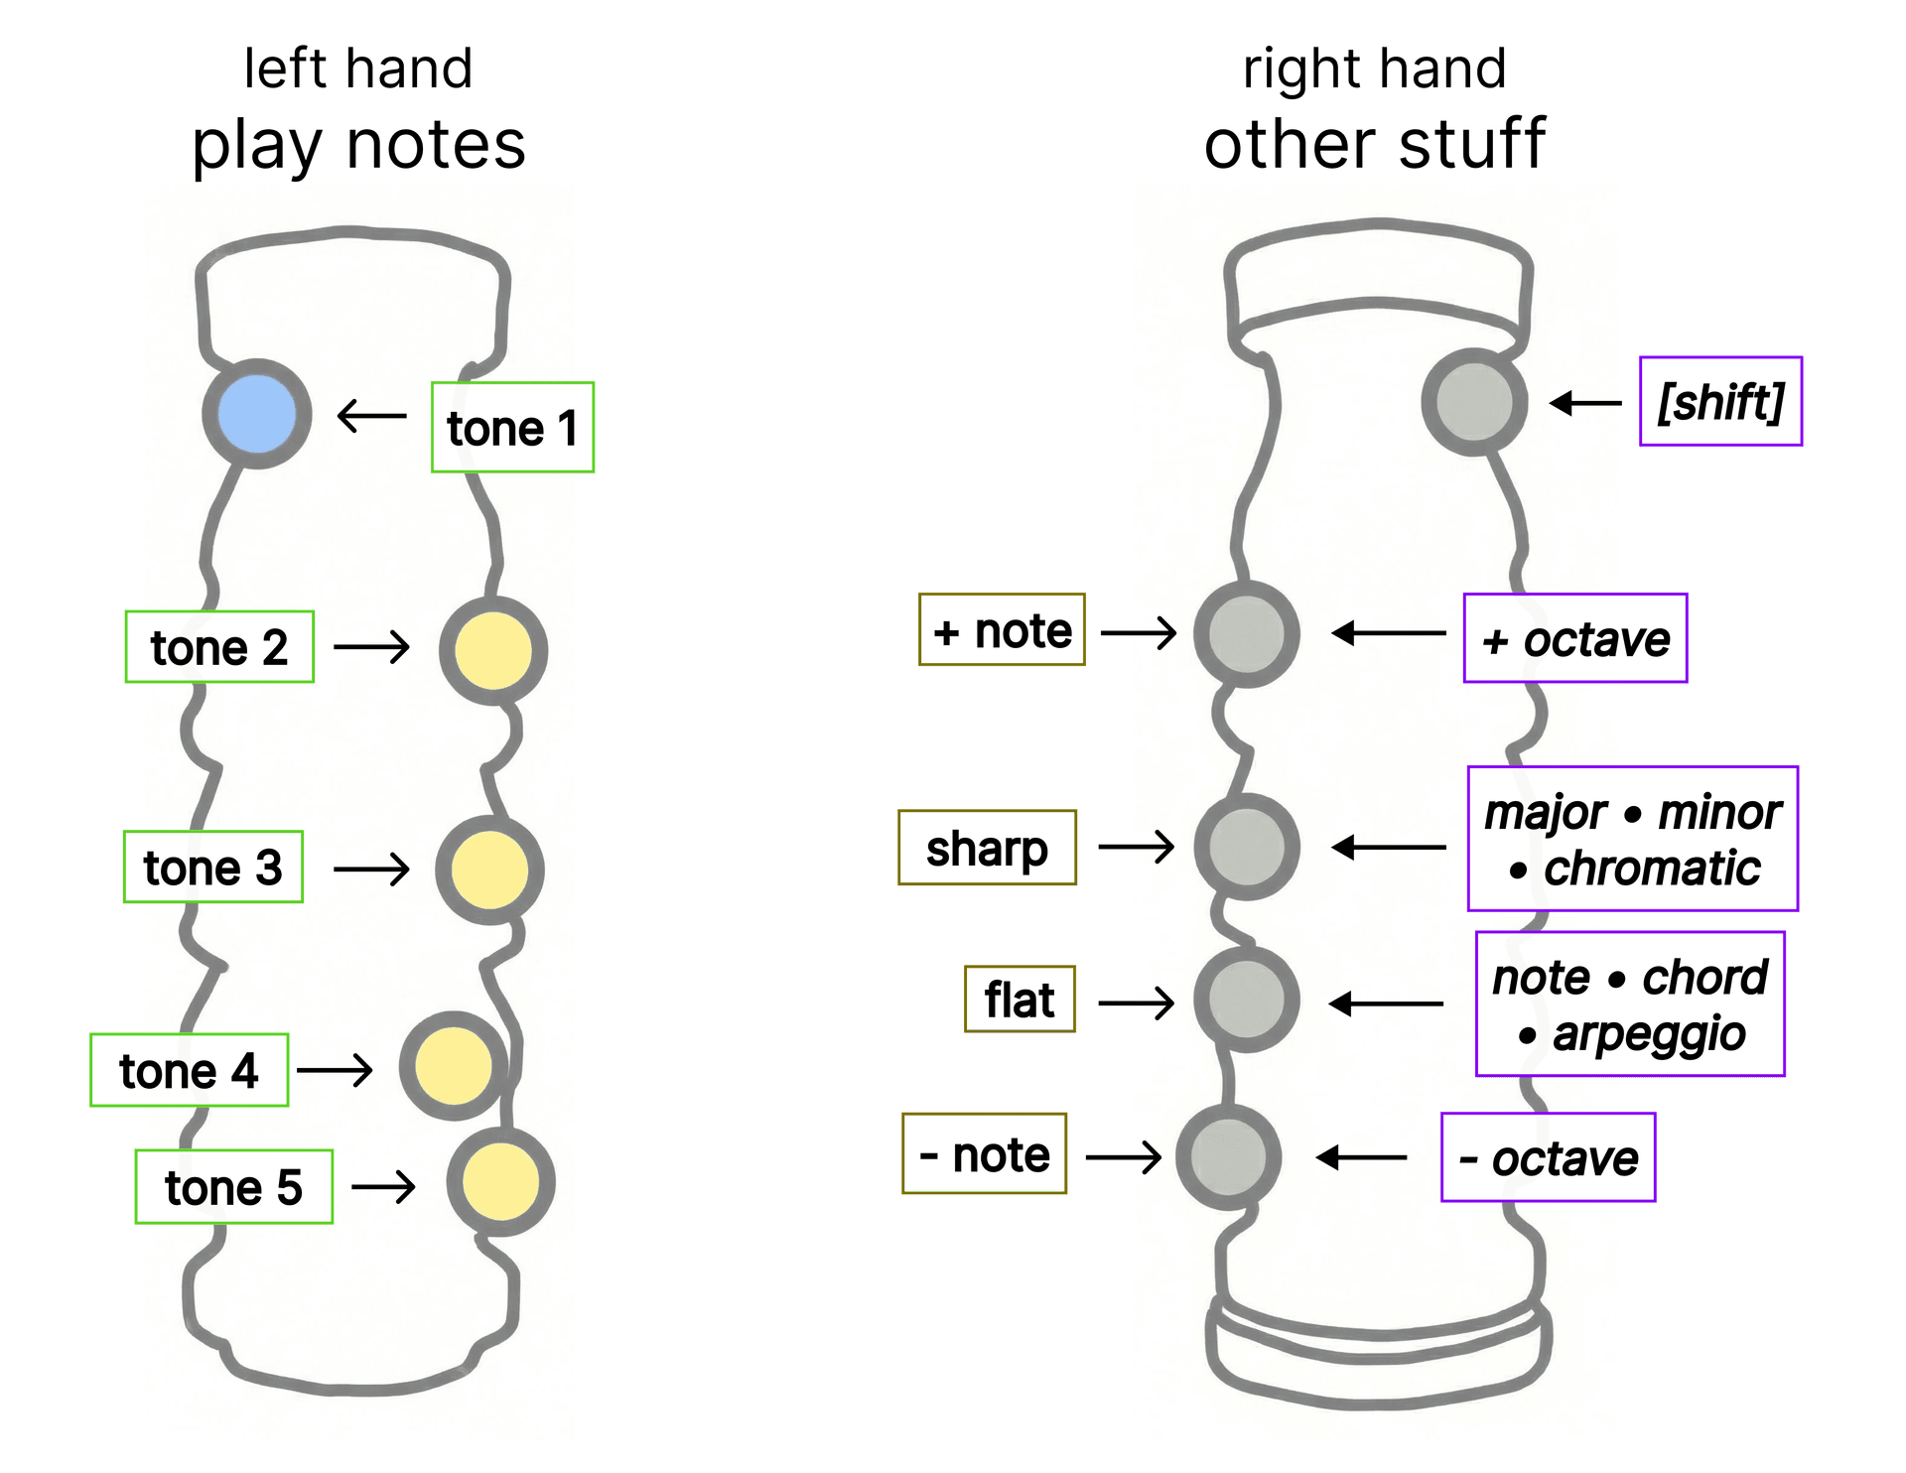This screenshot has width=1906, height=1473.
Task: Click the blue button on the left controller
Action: (x=256, y=414)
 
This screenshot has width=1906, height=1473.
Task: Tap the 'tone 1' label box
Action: (x=512, y=428)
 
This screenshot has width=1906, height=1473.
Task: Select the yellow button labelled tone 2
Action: (x=492, y=650)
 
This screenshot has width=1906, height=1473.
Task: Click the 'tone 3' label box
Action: (x=212, y=867)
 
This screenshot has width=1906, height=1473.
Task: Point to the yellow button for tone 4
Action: (x=454, y=1066)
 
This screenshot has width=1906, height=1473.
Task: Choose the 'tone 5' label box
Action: (x=233, y=1187)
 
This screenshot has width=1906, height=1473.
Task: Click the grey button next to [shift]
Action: (x=1474, y=402)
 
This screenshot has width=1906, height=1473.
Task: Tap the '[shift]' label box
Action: (x=1720, y=402)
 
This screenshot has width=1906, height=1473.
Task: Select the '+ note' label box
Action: (x=1002, y=630)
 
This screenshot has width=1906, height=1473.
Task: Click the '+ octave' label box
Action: (x=1575, y=638)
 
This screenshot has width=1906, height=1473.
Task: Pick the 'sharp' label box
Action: (x=987, y=848)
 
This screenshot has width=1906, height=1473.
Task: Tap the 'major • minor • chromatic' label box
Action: (x=1633, y=839)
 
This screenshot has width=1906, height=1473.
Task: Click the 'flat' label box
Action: (x=1020, y=1000)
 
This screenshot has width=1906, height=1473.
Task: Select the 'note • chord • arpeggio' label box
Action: (x=1630, y=1004)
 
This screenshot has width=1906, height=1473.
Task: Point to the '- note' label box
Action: (x=984, y=1153)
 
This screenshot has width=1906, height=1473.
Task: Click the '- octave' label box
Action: (x=1548, y=1157)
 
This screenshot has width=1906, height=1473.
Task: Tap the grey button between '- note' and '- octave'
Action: (x=1228, y=1157)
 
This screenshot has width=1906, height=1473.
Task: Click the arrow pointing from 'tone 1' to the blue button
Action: (x=372, y=416)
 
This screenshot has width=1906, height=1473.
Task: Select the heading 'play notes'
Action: (x=358, y=145)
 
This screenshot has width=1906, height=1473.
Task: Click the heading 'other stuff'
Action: (x=1375, y=145)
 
